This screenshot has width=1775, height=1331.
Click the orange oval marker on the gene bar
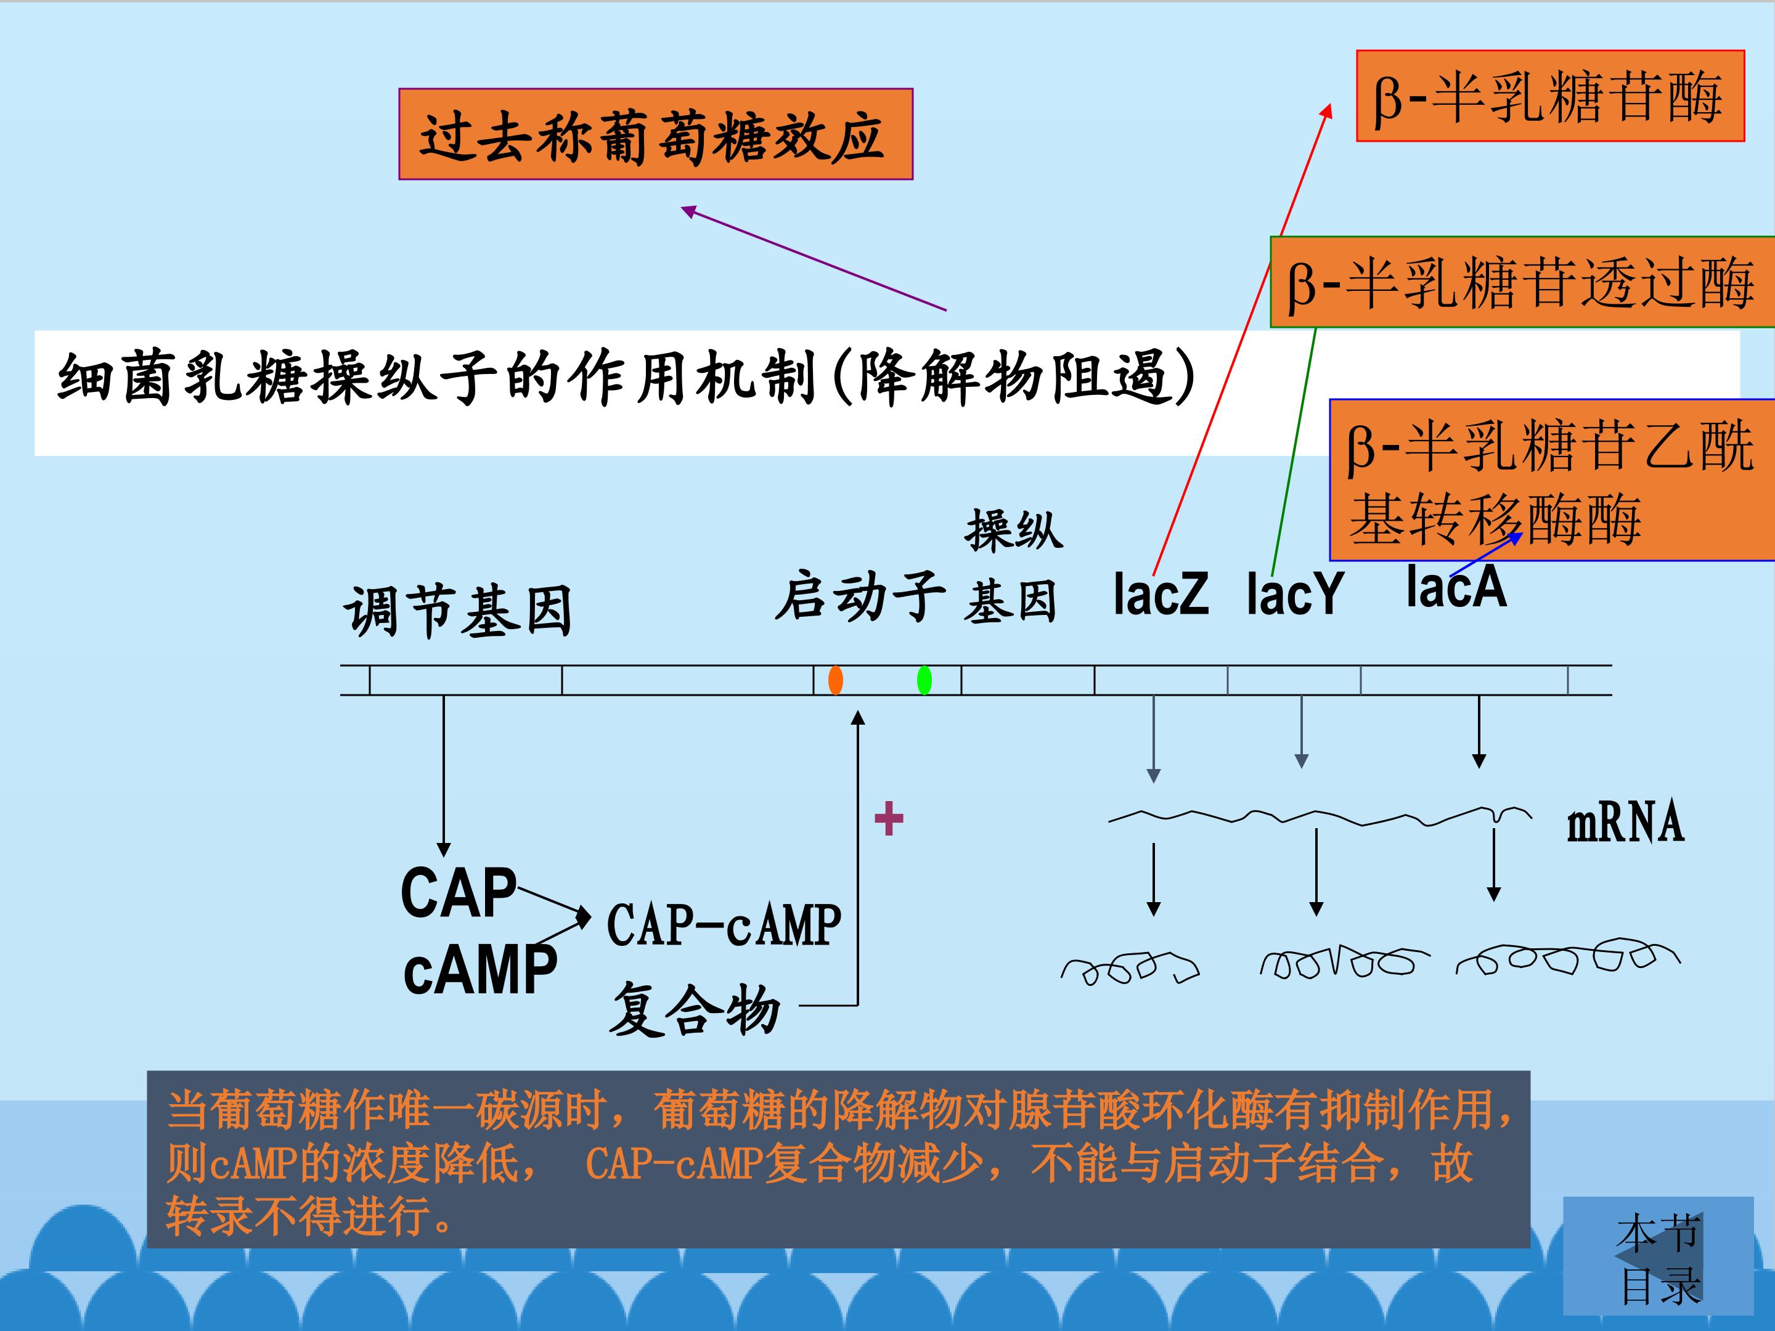(x=835, y=680)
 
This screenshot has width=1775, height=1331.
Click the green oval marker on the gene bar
(x=924, y=680)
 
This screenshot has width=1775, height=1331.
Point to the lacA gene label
(x=1456, y=587)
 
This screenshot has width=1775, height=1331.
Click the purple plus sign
(x=888, y=819)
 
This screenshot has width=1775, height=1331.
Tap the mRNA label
(x=1626, y=823)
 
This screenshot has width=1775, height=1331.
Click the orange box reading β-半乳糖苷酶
(x=1550, y=96)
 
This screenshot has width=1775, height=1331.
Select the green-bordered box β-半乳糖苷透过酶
(x=1522, y=282)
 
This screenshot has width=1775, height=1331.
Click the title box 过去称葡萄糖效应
(x=656, y=134)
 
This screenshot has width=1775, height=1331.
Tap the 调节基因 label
(x=458, y=611)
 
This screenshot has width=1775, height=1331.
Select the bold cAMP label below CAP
(x=480, y=969)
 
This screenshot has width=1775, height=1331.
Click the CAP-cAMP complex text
(x=724, y=925)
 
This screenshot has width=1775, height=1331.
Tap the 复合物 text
(x=695, y=1009)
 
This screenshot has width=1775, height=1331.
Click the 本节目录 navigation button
(x=1658, y=1256)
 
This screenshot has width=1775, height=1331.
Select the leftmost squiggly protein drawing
(x=1130, y=967)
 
